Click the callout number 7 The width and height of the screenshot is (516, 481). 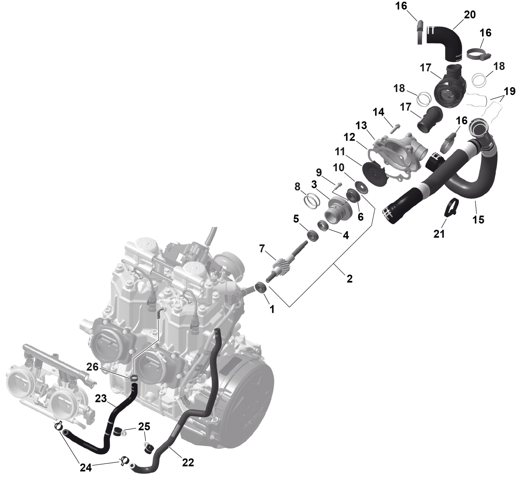click(x=262, y=249)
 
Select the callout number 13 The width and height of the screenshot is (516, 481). click(x=361, y=125)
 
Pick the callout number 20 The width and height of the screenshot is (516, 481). click(x=470, y=14)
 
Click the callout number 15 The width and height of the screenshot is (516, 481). click(x=478, y=220)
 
